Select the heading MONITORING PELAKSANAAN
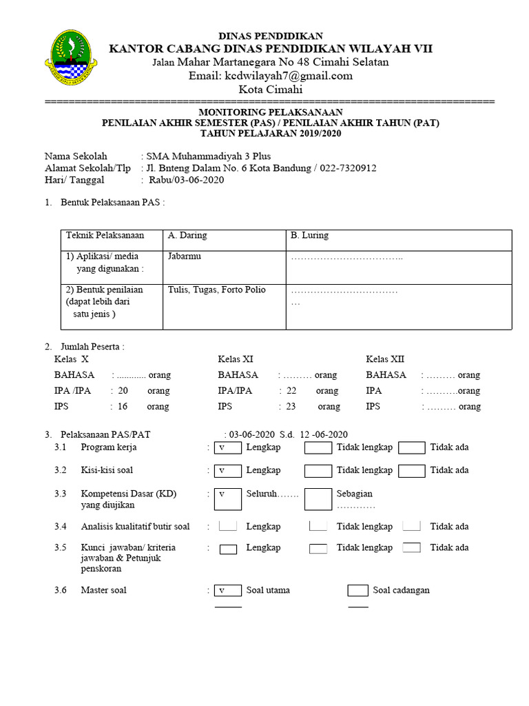tap(271, 112)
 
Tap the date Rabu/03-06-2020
tap(185, 181)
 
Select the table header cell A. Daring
tap(187, 236)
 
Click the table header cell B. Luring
tap(309, 236)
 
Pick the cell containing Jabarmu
tap(185, 256)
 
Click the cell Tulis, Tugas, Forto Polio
tap(216, 290)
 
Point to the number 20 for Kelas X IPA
tap(123, 391)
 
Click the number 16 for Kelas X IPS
tap(123, 407)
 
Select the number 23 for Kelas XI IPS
tap(291, 407)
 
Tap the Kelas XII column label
tap(385, 359)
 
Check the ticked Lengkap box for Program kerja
tap(227, 447)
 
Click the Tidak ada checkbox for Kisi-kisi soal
tap(411, 471)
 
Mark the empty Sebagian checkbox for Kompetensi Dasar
tap(318, 499)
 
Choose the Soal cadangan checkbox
tap(357, 591)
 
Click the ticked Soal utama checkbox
tap(227, 591)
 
